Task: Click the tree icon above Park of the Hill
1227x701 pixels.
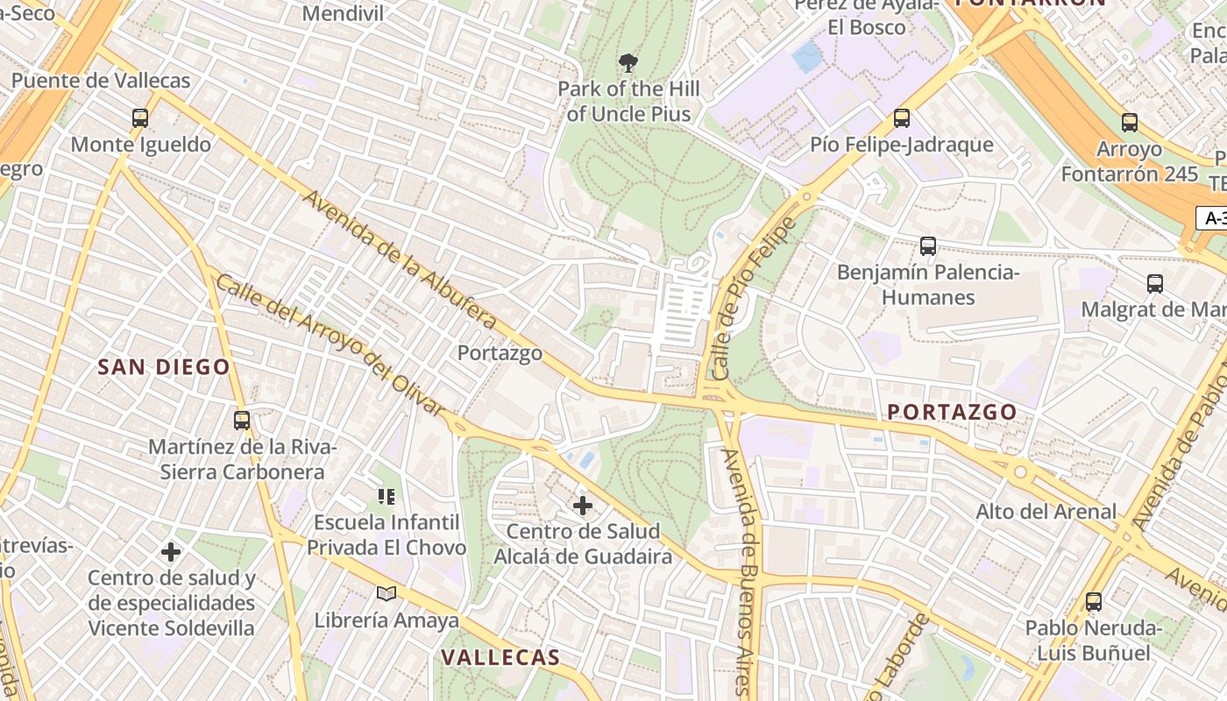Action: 628,63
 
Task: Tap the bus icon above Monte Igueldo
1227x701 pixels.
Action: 139,118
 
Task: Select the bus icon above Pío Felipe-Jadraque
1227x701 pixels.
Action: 901,118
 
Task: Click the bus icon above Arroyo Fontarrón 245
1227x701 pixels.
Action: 1129,123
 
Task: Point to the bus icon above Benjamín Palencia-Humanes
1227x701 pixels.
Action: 928,246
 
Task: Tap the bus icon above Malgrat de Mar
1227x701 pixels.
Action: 1154,284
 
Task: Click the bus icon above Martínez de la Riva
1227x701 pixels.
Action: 242,421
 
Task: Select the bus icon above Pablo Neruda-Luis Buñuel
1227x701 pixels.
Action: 1093,602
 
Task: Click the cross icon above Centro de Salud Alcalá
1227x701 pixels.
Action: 583,506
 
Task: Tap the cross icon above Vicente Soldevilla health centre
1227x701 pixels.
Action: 171,552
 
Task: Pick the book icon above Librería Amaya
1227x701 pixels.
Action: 387,594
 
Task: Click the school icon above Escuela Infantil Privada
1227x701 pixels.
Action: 387,497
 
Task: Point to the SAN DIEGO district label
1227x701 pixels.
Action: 164,367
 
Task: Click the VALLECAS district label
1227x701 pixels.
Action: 500,657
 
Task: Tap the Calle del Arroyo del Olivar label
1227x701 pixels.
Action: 330,345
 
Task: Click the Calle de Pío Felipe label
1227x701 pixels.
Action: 755,298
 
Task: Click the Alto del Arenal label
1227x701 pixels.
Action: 1046,511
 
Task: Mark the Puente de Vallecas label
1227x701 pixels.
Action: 101,81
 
